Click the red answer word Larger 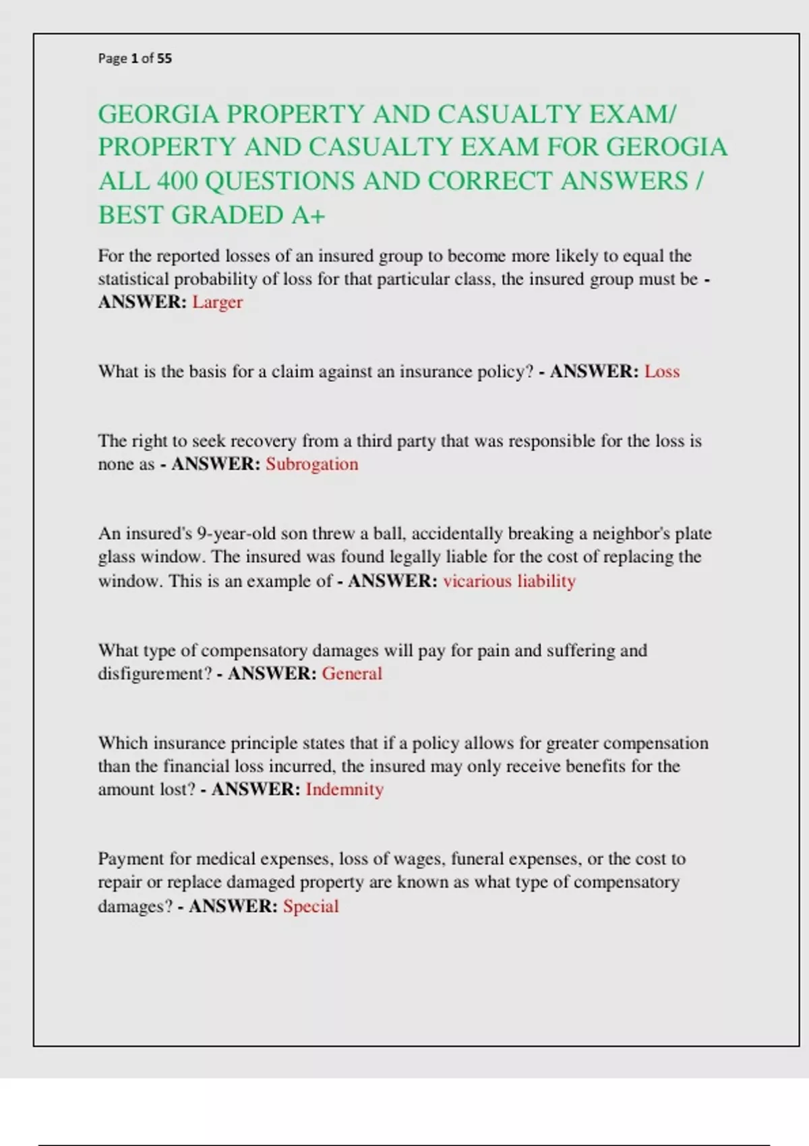[217, 302]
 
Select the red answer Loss [662, 371]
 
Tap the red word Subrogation [311, 464]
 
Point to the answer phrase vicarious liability [509, 580]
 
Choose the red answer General [352, 673]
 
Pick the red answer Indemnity [344, 789]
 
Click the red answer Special [311, 906]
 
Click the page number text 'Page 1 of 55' [135, 59]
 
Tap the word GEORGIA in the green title [159, 114]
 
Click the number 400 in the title [177, 181]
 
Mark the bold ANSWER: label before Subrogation [216, 464]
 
